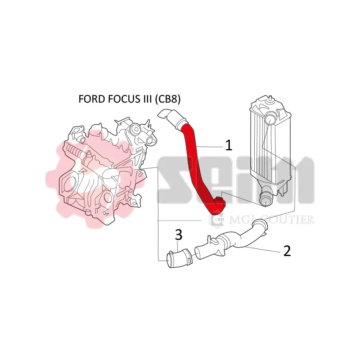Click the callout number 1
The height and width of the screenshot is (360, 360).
pos(229,145)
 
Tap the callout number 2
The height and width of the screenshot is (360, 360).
pos(287,251)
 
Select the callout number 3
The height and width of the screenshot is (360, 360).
pos(179,234)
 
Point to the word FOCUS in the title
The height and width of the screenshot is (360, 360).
pos(122,99)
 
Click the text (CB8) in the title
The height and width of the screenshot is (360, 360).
pos(167,99)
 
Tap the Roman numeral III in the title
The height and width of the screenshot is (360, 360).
pos(145,99)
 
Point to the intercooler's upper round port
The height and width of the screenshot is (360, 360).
pos(269,120)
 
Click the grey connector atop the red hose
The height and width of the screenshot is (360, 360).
pos(172,118)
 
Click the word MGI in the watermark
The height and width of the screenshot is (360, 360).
pos(242,220)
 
